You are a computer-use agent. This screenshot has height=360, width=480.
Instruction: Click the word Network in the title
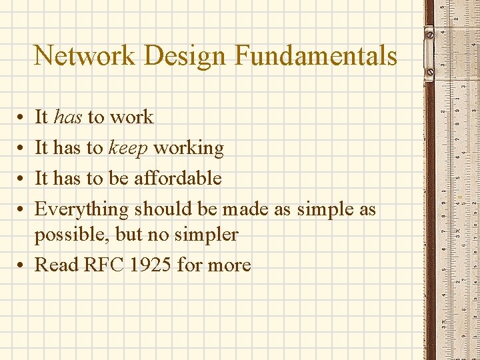(x=84, y=55)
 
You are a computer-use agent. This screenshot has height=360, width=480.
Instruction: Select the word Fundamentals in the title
(x=316, y=55)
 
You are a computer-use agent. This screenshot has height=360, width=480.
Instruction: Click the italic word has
(x=68, y=117)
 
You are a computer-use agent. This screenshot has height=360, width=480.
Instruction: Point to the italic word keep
(x=128, y=148)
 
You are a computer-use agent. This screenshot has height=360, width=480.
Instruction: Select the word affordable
(x=178, y=178)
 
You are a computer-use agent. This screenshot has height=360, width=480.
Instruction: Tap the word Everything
(x=81, y=209)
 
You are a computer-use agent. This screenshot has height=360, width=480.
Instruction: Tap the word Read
(x=56, y=265)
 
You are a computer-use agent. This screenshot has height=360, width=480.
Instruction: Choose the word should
(x=163, y=209)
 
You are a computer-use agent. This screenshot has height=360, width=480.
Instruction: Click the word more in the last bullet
(x=229, y=265)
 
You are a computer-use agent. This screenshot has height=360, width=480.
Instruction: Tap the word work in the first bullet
(x=131, y=117)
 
